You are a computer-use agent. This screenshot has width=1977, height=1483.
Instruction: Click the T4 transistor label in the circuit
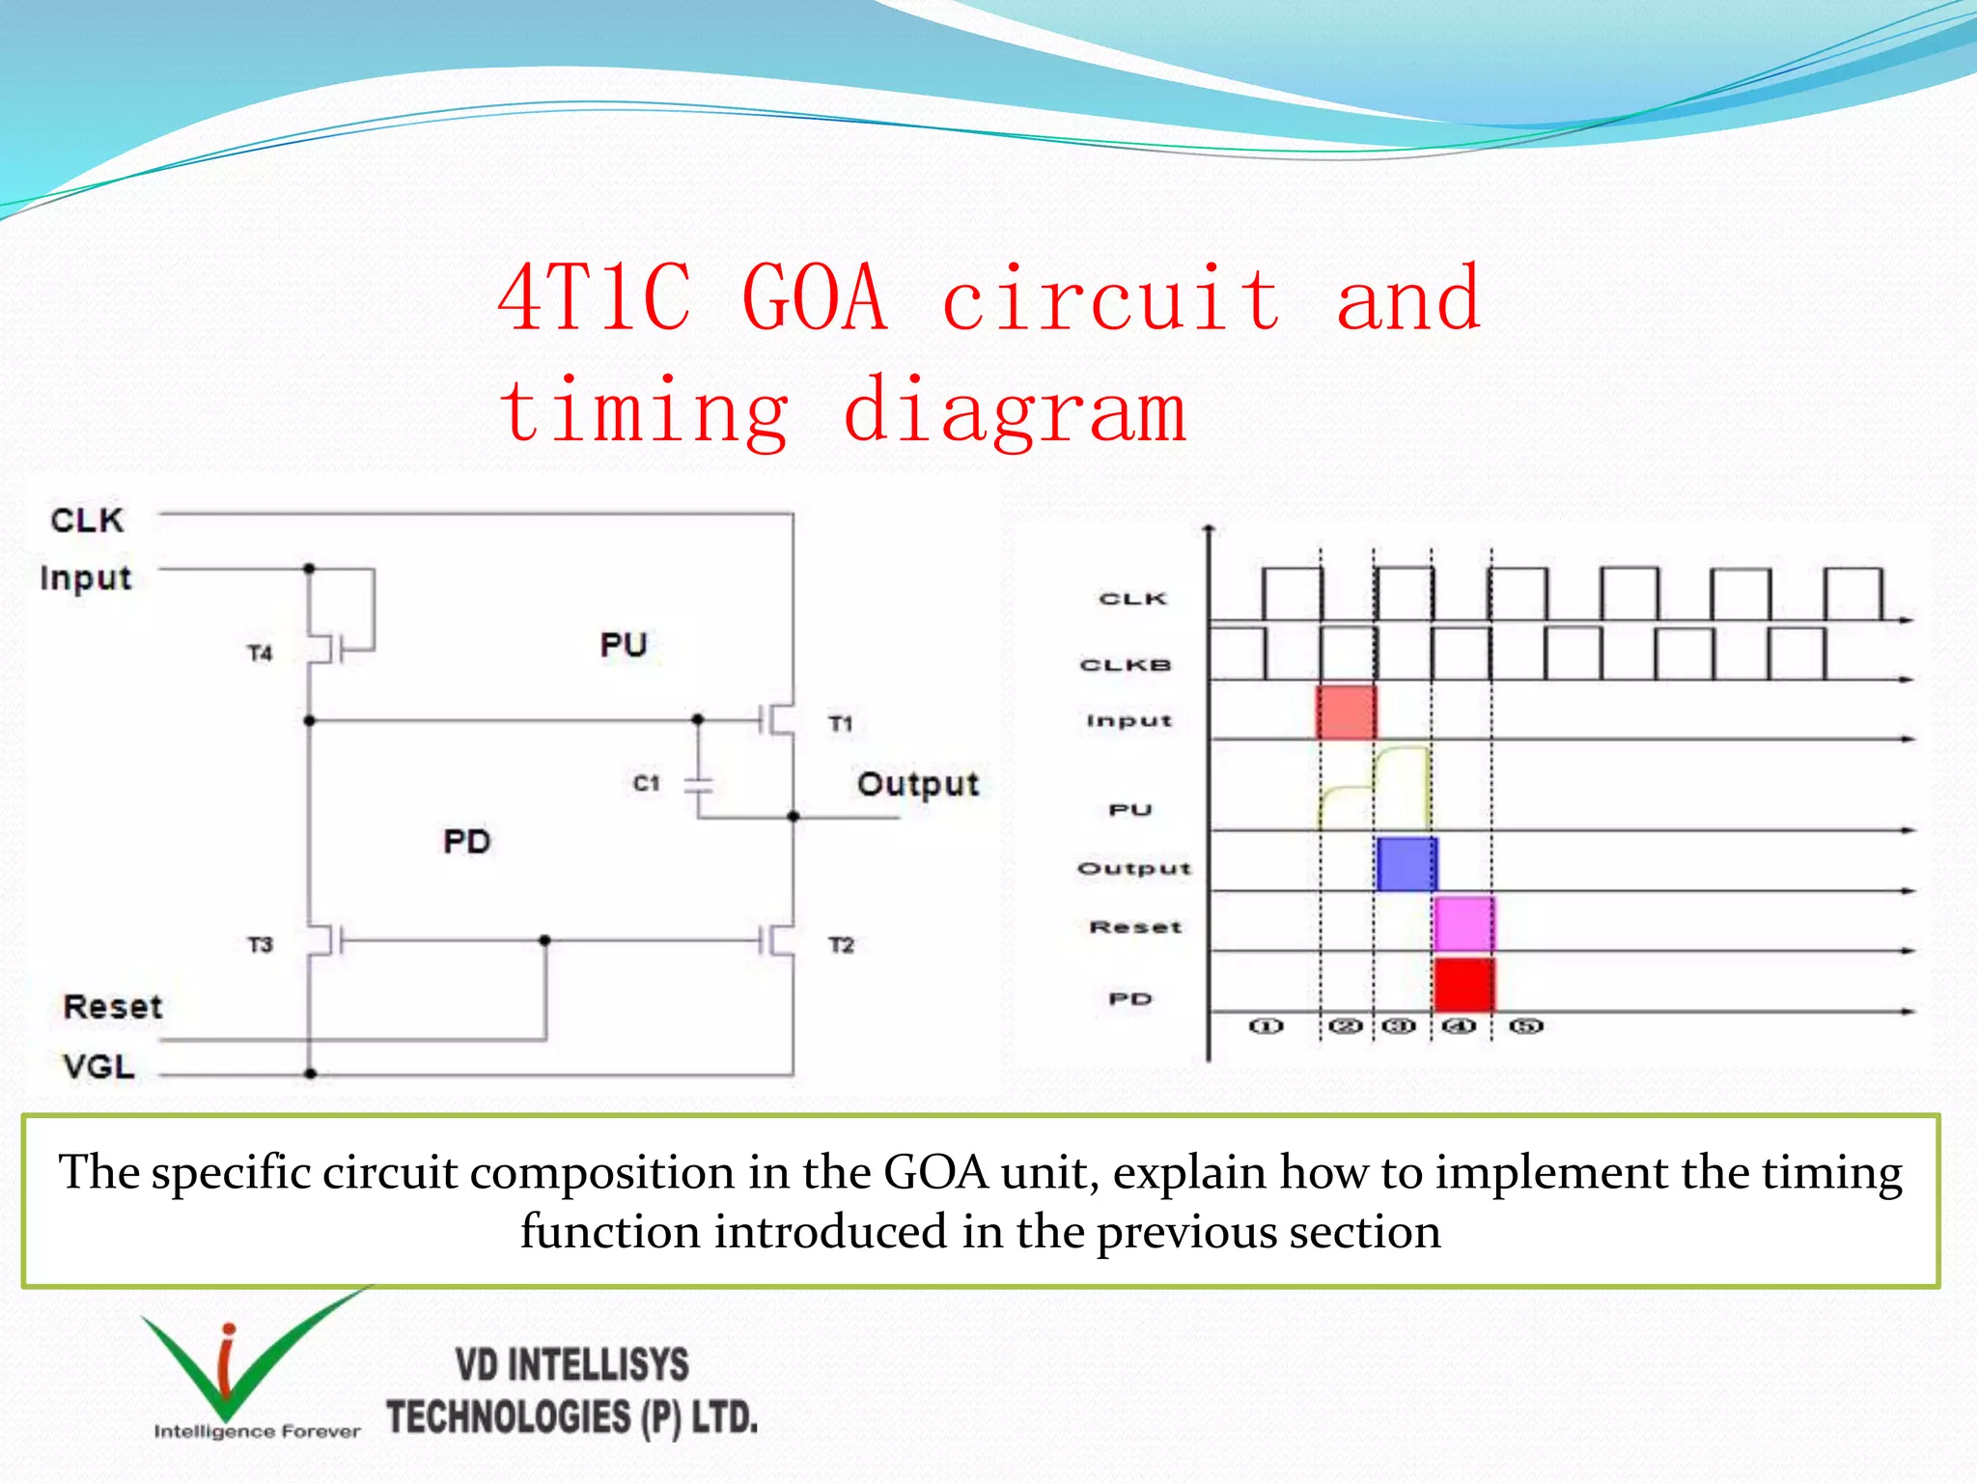260,654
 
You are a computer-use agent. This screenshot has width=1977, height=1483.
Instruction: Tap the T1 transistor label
841,723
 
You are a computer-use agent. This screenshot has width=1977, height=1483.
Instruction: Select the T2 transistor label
841,944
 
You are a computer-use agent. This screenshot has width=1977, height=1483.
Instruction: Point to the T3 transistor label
260,944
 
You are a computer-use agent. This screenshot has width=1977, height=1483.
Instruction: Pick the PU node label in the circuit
623,645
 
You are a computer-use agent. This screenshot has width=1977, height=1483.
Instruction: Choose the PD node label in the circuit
466,842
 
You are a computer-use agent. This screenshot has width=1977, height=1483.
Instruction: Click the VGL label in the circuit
98,1067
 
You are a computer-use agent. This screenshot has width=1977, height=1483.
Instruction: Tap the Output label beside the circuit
917,784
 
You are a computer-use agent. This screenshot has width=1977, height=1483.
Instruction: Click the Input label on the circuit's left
86,578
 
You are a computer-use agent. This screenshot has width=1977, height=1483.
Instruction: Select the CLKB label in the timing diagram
1125,665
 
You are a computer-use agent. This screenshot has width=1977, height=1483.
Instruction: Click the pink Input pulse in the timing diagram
1347,713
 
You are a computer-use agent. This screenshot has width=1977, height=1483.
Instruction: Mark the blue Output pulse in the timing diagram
1406,864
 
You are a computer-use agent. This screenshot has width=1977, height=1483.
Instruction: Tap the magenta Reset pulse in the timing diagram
1463,924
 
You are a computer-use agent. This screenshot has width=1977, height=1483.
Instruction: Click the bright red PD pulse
1463,985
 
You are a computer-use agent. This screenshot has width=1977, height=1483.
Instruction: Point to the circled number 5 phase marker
1526,1025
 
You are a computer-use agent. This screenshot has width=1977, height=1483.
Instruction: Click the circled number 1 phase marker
1267,1025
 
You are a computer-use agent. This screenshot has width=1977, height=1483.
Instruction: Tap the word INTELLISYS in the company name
599,1365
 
